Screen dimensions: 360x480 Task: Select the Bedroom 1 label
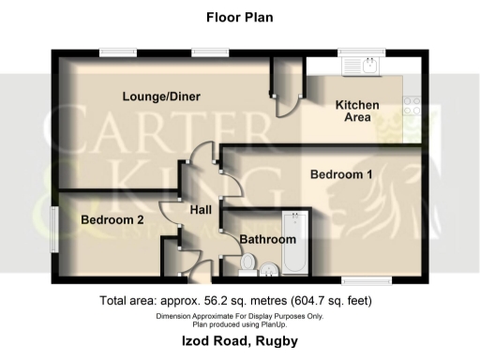coord(342,174)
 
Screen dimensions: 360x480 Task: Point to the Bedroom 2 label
coord(112,220)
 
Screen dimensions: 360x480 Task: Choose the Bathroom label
coord(267,240)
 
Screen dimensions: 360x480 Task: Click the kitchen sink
coord(360,65)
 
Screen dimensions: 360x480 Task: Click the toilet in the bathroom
coord(248,263)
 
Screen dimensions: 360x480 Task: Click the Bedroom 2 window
coord(53,228)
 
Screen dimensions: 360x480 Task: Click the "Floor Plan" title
coord(239,17)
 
